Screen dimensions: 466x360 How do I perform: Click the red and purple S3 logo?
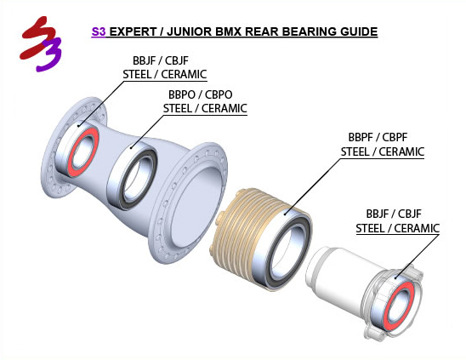pos(41,43)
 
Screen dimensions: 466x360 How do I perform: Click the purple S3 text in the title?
pos(99,31)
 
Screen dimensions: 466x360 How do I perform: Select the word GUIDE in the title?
pos(359,31)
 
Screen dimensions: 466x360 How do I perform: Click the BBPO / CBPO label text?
pos(201,94)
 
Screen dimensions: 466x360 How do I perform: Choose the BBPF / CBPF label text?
pos(378,138)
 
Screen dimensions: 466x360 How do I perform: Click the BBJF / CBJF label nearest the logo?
pos(161,60)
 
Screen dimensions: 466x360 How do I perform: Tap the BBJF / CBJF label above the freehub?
pos(394,214)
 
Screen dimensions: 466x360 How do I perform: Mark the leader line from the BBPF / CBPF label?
pos(313,186)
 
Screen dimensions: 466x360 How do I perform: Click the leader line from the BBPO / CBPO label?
pos(147,131)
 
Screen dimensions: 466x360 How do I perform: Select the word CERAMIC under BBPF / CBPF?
pos(401,151)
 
